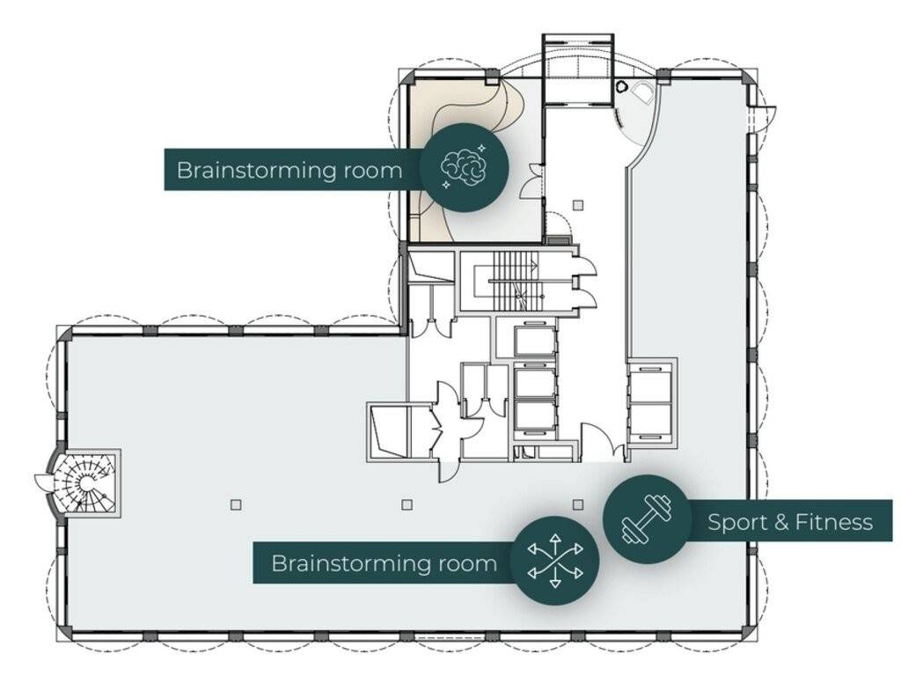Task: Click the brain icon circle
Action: pos(464,167)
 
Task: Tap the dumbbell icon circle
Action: pos(648,519)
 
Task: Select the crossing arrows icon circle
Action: pos(555,561)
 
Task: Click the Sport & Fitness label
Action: pos(790,523)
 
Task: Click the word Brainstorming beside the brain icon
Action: pos(257,171)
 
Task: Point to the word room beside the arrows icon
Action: pos(468,563)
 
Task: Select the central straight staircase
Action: pos(516,282)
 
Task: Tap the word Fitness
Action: pos(834,523)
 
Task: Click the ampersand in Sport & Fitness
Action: pos(780,523)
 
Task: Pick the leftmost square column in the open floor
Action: pos(236,505)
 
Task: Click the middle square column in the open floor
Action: pos(407,505)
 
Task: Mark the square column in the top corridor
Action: pos(579,204)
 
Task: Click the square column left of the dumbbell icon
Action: pos(578,504)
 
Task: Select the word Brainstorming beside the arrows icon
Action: pos(352,564)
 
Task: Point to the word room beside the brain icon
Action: pos(372,171)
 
